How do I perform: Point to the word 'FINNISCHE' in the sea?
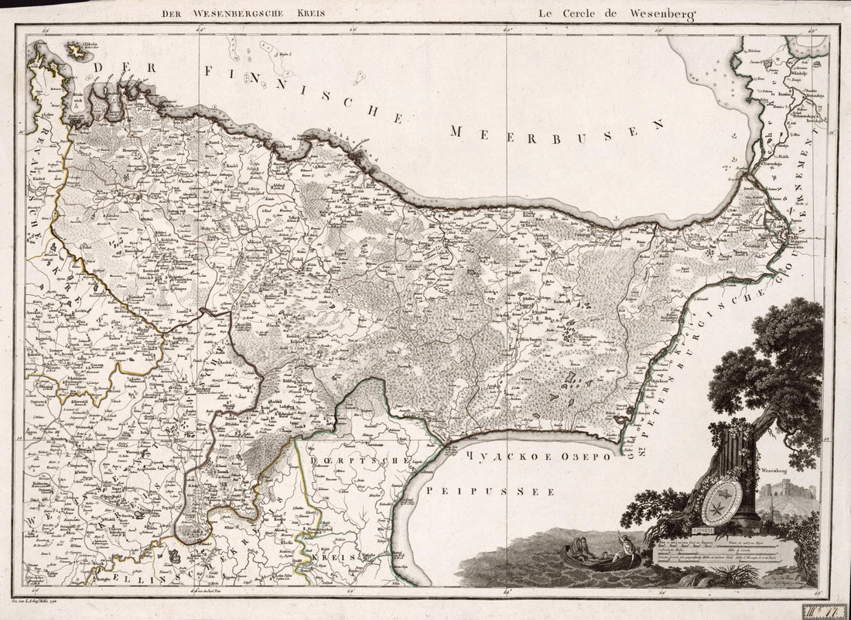(x=302, y=93)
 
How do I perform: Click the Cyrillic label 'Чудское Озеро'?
(x=538, y=457)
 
